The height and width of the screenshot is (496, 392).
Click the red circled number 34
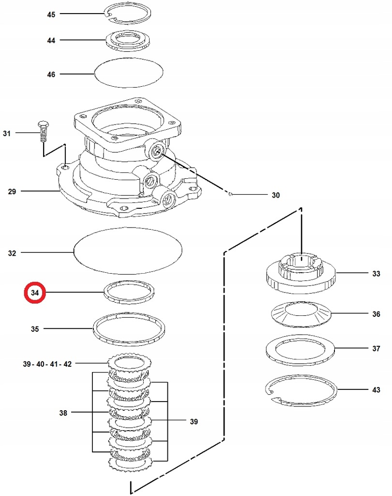[35, 293]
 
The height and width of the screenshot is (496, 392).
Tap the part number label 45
[51, 15]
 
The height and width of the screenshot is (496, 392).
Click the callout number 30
[275, 196]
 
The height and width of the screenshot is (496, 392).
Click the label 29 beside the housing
[12, 192]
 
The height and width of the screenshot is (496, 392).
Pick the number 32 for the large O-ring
[12, 253]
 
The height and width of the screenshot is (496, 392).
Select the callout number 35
[35, 329]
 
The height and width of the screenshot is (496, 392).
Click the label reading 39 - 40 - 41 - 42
[47, 364]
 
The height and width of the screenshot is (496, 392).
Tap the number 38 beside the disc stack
[63, 413]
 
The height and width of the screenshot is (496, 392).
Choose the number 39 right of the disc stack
[194, 422]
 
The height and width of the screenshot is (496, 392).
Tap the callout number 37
[376, 348]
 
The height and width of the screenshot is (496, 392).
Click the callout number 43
[376, 389]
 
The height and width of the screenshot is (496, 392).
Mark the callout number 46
[51, 75]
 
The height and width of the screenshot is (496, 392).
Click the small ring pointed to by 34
[129, 293]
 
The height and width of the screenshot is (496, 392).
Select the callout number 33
[376, 274]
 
